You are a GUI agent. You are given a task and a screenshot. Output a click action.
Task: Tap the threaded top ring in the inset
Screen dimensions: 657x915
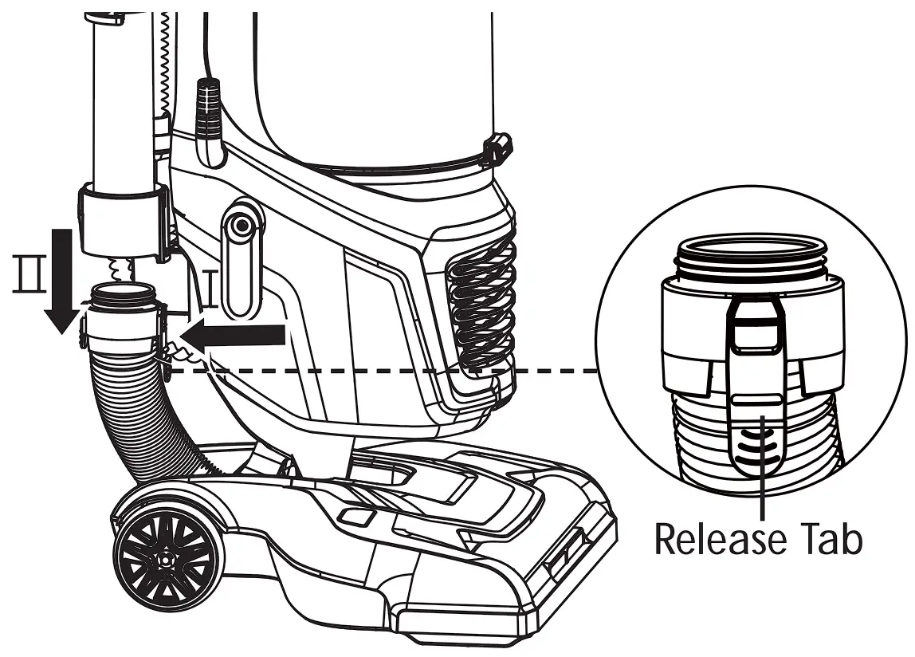(752, 257)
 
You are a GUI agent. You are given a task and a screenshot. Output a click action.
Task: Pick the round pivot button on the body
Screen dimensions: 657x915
(240, 226)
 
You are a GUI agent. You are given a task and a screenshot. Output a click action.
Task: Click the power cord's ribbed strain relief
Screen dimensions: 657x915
(208, 111)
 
